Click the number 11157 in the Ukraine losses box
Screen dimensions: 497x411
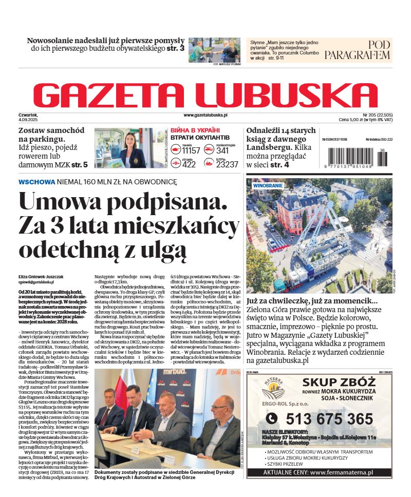pyautogui.click(x=191, y=151)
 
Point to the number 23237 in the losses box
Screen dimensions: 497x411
pyautogui.click(x=227, y=164)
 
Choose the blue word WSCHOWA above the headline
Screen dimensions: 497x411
pyautogui.click(x=36, y=182)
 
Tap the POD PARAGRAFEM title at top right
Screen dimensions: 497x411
pyautogui.click(x=358, y=50)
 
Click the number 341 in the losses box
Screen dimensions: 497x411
pyautogui.click(x=222, y=151)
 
